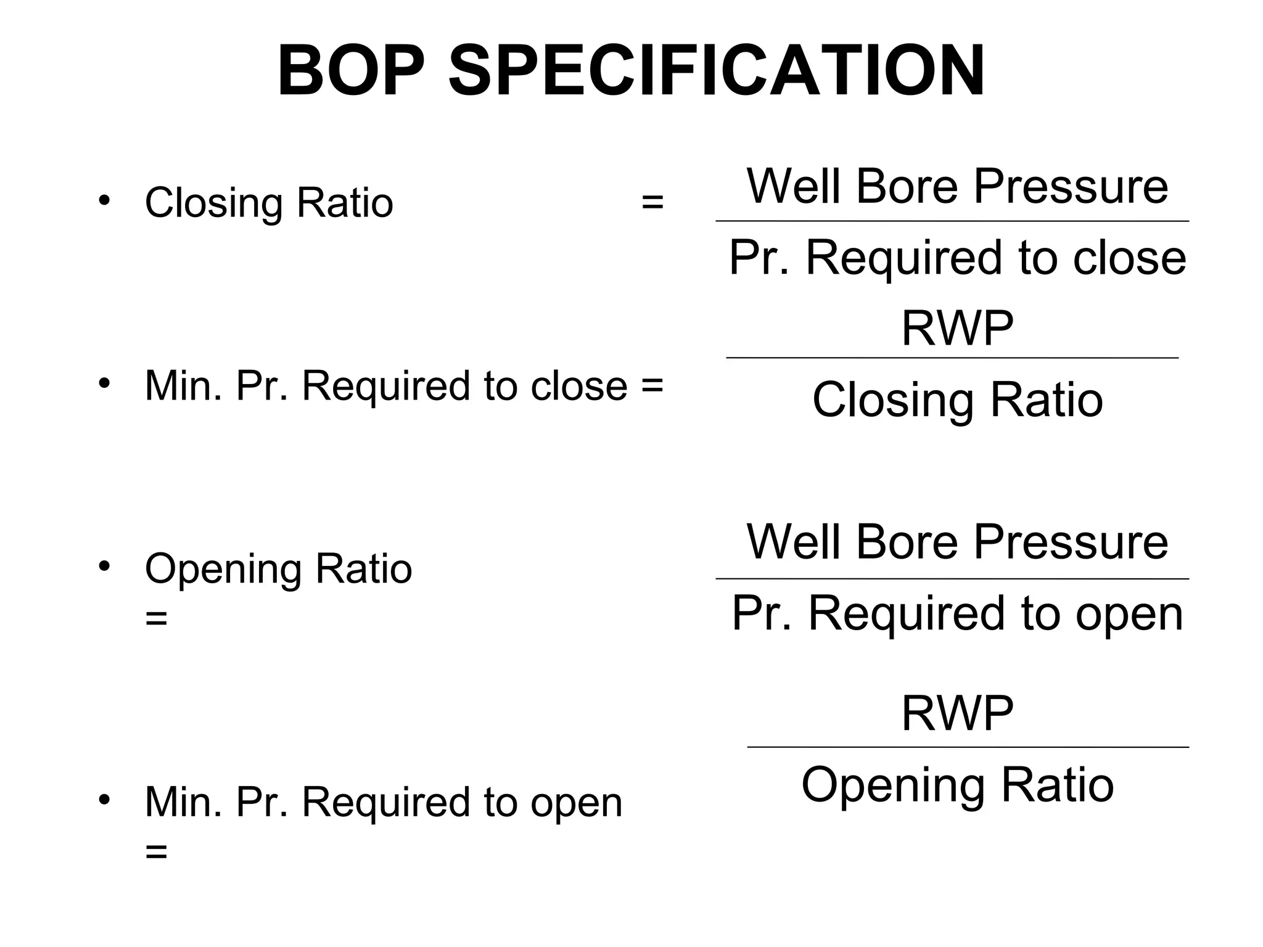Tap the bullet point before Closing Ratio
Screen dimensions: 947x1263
104,200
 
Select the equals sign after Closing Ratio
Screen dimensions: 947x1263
652,202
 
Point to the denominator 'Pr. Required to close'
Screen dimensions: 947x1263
957,258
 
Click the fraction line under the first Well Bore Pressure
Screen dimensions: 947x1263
952,221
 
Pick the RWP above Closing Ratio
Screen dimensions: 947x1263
957,329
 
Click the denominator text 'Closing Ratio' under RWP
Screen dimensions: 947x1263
957,400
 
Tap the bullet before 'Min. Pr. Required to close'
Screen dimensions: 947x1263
104,382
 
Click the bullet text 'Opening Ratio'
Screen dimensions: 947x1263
278,568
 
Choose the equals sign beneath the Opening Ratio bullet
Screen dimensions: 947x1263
156,618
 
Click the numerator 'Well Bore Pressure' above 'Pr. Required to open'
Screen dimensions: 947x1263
957,542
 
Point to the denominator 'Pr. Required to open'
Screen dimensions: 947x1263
957,613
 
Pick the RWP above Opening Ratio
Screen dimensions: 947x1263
957,713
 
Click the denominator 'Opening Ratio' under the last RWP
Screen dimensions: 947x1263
957,785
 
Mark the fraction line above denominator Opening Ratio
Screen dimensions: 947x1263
967,747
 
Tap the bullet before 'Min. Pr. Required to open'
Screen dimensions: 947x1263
104,800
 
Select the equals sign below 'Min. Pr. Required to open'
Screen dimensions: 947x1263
156,852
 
